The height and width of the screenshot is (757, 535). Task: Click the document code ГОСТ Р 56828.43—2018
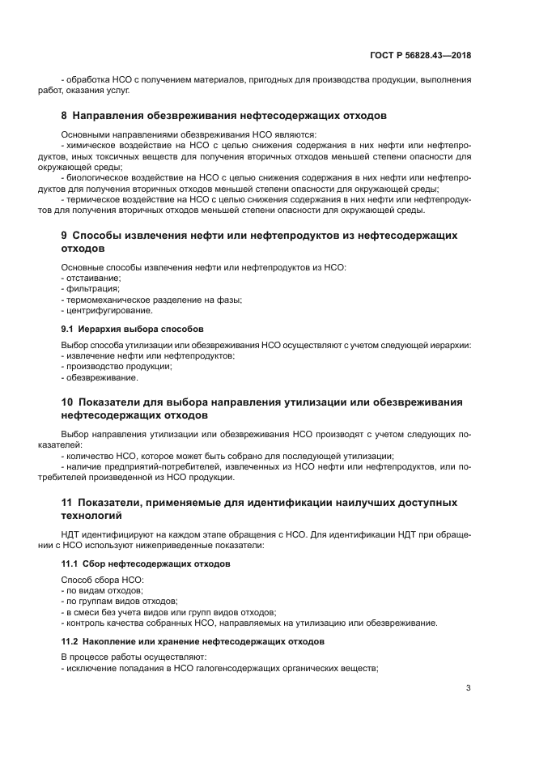click(x=420, y=55)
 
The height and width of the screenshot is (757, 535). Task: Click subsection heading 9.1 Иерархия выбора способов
click(x=133, y=329)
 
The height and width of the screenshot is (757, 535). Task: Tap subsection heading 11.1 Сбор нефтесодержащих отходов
click(x=146, y=563)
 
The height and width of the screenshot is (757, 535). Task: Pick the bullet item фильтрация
click(x=91, y=288)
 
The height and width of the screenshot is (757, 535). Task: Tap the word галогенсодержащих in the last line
click(x=239, y=669)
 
